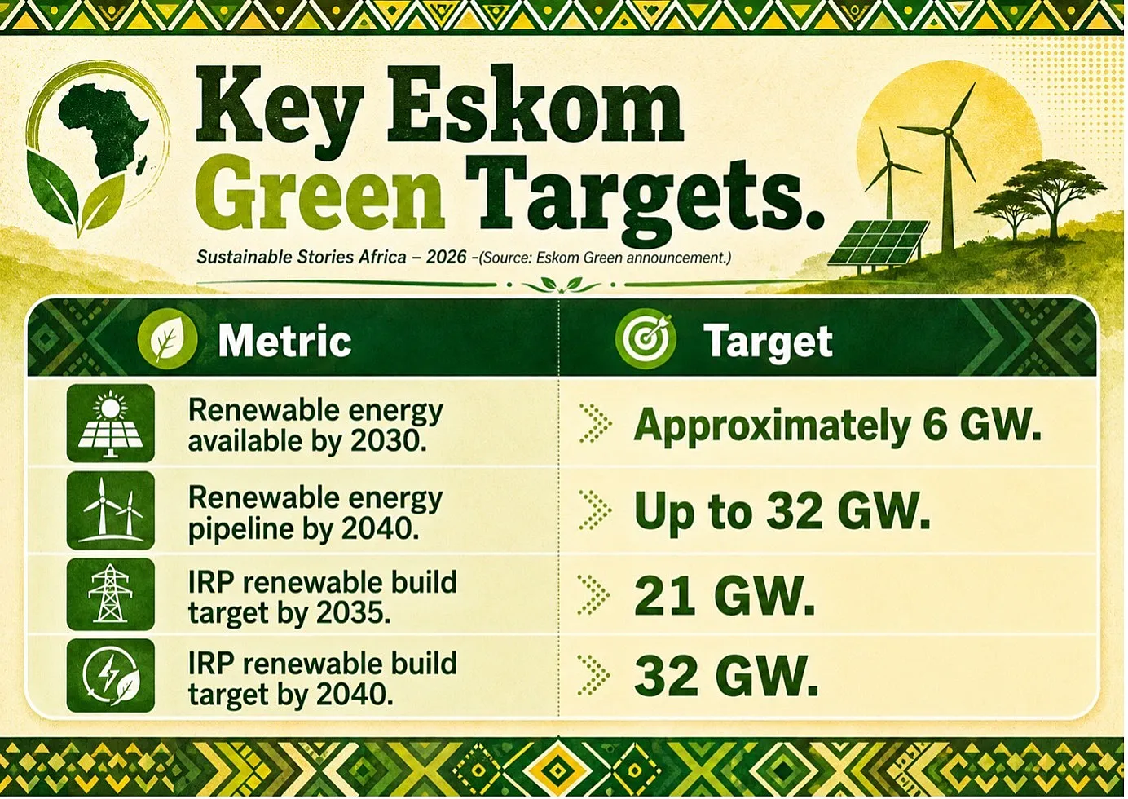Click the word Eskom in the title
[535, 110]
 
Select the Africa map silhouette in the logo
[104, 130]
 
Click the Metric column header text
[284, 341]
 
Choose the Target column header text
[768, 342]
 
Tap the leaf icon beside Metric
[167, 338]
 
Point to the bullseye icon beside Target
[646, 338]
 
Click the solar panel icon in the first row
[111, 423]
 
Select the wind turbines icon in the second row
[111, 510]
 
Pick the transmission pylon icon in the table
[111, 594]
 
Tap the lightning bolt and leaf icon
[111, 676]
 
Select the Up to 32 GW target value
[782, 511]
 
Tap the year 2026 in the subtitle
[446, 257]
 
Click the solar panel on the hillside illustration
[879, 243]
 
